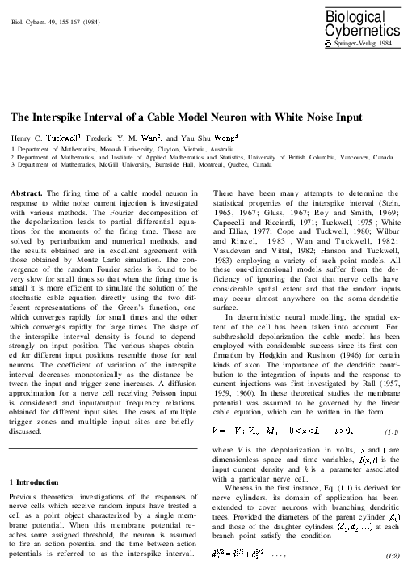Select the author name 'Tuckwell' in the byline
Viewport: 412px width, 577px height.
tap(70, 138)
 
